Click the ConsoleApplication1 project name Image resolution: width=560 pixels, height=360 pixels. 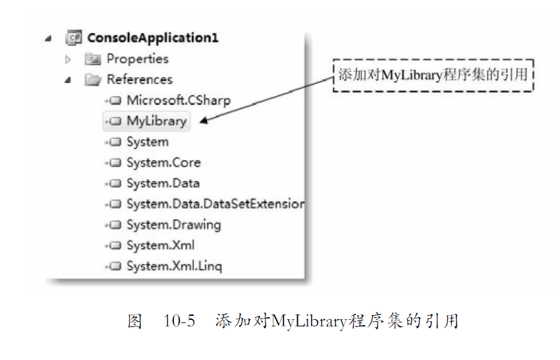[153, 38]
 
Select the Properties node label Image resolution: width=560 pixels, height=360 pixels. [138, 59]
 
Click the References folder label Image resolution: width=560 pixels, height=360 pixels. [140, 80]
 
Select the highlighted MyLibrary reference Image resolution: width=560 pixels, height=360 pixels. [157, 121]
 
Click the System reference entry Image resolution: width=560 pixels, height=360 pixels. [148, 142]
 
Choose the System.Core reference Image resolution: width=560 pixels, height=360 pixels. [163, 162]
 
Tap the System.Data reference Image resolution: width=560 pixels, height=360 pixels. [163, 183]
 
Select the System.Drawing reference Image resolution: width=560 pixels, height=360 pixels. [173, 225]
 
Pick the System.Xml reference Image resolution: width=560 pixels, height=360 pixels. [160, 245]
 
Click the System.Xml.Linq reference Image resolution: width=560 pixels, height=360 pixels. [174, 266]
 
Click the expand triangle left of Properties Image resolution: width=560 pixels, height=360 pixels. [67, 59]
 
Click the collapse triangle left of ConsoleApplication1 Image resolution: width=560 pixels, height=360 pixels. [48, 38]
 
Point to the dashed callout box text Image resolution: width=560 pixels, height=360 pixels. [432, 75]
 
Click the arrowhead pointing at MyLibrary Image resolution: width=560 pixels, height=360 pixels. [202, 121]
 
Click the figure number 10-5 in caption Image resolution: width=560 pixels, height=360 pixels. [179, 322]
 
